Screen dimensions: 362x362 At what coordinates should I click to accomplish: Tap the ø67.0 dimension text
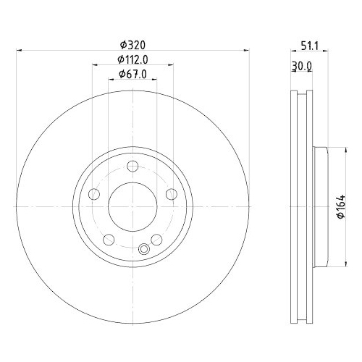[132, 74]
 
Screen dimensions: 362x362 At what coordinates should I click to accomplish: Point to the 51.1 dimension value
[311, 44]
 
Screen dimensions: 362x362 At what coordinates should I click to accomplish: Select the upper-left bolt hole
[93, 194]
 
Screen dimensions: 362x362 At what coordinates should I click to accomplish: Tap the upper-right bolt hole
[171, 194]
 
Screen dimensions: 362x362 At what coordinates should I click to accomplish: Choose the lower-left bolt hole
[109, 240]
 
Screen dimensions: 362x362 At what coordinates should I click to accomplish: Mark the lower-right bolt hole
[156, 240]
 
